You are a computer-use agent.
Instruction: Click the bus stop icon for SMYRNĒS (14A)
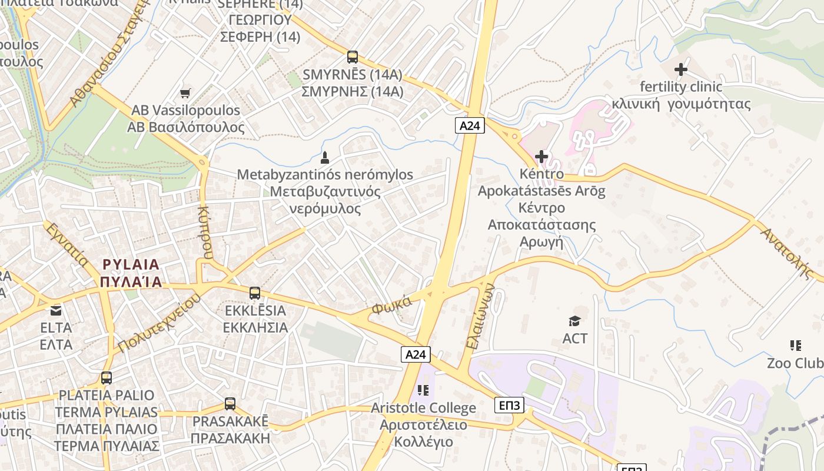coord(352,57)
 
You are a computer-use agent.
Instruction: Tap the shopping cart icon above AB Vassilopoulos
coord(185,92)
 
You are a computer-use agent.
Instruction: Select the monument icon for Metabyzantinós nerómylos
coord(324,157)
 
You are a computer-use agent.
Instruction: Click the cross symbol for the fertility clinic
coord(681,69)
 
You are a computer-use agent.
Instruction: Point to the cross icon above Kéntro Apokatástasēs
coord(541,157)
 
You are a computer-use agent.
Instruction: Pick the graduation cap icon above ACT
coord(574,321)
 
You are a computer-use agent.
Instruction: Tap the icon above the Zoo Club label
coord(796,346)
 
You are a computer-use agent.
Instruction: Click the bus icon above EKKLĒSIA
coord(255,293)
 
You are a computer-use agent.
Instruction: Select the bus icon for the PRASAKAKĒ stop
coord(230,404)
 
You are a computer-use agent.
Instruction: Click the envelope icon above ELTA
coord(56,310)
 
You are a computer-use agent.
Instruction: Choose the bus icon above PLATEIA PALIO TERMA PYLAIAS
coord(107,378)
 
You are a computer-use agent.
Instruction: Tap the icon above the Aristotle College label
coord(423,390)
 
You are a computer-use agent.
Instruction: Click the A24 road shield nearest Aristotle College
coord(416,354)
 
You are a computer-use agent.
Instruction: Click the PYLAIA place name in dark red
coord(131,273)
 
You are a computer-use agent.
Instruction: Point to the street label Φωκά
coord(391,305)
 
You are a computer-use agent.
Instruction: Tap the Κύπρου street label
coord(205,233)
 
